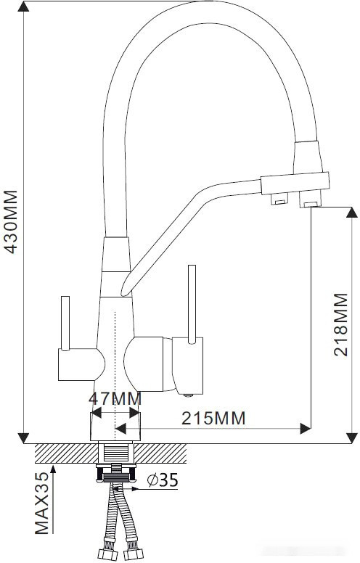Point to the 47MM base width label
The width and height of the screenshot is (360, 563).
point(114,399)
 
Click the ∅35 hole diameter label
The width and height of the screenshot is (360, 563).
point(162,480)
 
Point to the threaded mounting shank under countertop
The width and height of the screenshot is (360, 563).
point(116,458)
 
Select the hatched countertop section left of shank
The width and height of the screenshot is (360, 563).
point(65,454)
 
